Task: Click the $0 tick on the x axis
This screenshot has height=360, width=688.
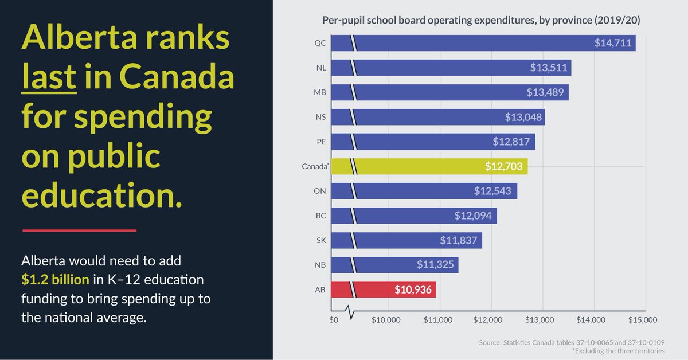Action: pyautogui.click(x=334, y=319)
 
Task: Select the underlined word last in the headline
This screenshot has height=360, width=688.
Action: pyautogui.click(x=49, y=79)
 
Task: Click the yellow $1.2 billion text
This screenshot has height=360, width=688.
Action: pyautogui.click(x=55, y=280)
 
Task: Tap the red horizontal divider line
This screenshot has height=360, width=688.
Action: pyautogui.click(x=79, y=230)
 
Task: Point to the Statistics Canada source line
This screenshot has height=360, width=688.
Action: pyautogui.click(x=571, y=342)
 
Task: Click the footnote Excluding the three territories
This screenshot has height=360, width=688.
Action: pyautogui.click(x=618, y=351)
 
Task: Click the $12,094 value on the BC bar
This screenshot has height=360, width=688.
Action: pyautogui.click(x=472, y=216)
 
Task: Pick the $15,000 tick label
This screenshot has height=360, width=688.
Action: pyautogui.click(x=643, y=319)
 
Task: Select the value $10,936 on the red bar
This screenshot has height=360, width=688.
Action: pyautogui.click(x=413, y=289)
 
